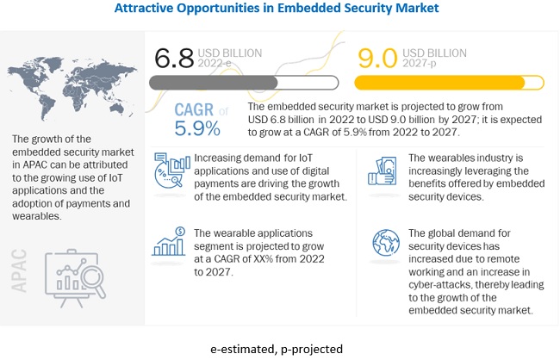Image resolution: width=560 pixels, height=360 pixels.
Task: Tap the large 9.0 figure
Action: (376, 59)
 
